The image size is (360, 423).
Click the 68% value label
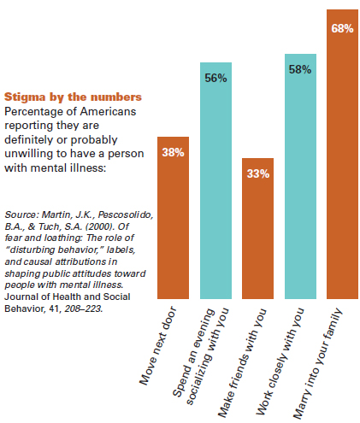tap(342, 28)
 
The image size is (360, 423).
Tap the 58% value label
tap(300, 69)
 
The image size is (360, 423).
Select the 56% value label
tap(215, 78)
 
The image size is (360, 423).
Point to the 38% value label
tap(173, 152)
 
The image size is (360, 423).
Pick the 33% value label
tap(258, 173)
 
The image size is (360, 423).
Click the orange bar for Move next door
tap(173, 218)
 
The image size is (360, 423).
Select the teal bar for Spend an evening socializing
tap(215, 180)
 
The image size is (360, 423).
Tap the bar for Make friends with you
tap(257, 228)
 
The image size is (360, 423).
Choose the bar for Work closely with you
tap(300, 176)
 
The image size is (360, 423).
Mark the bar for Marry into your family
tap(342, 154)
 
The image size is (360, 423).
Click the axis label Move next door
tap(158, 346)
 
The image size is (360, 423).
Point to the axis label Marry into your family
tap(318, 363)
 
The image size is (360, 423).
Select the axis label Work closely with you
tap(280, 361)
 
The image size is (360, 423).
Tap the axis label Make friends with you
tap(242, 362)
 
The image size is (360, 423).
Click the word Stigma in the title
tap(25, 97)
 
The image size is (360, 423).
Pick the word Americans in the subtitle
tap(108, 111)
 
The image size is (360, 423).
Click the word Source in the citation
tap(21, 214)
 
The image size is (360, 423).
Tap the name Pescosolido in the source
tap(126, 214)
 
